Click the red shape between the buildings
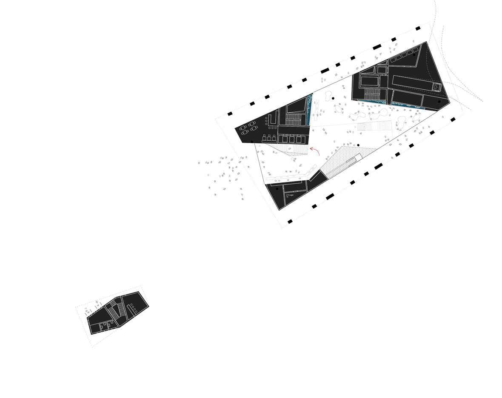[x=317, y=151]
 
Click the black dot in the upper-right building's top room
[x=415, y=55]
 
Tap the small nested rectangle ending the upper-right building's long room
[x=436, y=87]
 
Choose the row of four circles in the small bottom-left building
[x=133, y=307]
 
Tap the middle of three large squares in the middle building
[x=292, y=139]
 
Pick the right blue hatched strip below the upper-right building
[x=408, y=106]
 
